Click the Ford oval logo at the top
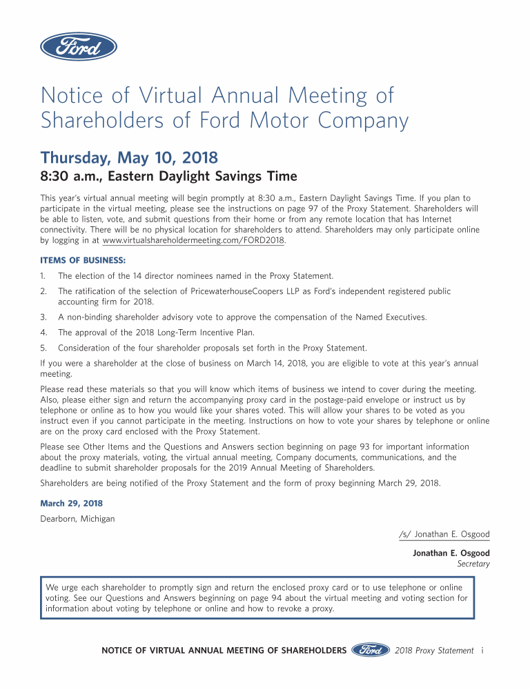78,47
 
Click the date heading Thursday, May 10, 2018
130,157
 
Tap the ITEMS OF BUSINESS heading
83,260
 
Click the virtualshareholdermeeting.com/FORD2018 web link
193,241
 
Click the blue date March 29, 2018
72,504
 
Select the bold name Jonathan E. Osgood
451,553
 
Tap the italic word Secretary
473,564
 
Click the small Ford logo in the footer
371,650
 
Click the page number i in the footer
482,650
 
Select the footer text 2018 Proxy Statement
434,650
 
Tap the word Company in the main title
363,121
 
